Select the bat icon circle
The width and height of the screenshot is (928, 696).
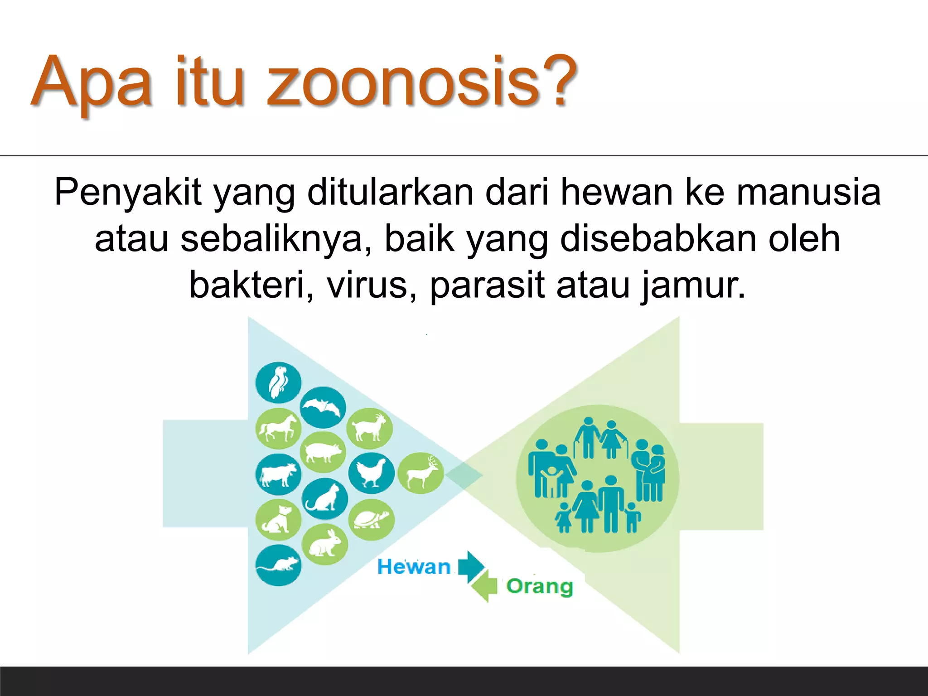tap(323, 407)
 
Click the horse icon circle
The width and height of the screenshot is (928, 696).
tap(278, 428)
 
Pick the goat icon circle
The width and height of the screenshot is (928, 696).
tap(369, 428)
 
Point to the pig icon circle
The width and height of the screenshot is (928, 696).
tap(323, 452)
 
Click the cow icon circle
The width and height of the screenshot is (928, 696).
tap(278, 474)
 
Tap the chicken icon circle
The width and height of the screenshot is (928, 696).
tap(371, 473)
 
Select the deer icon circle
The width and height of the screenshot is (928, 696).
tap(420, 473)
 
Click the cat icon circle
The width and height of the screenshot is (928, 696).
tap(324, 498)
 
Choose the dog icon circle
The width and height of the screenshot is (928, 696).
tap(278, 519)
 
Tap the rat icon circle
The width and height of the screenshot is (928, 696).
tap(278, 565)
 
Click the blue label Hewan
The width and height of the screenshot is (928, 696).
tap(414, 567)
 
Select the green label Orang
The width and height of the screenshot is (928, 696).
tap(539, 586)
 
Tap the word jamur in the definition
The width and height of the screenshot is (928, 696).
tap(693, 285)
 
